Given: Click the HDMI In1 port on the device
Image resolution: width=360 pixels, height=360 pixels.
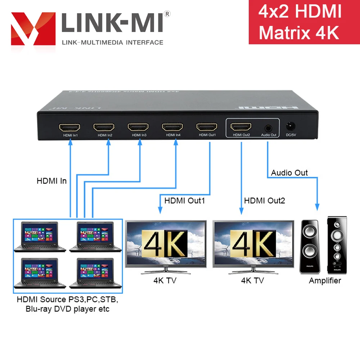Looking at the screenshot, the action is click(x=69, y=127).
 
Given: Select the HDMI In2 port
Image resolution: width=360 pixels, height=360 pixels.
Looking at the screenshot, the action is click(x=104, y=127).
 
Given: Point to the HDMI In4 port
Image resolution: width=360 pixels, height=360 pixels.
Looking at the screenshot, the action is click(x=172, y=127).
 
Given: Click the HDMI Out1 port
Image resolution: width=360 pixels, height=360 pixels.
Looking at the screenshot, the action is click(x=207, y=127).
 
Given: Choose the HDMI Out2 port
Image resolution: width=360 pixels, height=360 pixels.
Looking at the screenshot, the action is click(x=241, y=127).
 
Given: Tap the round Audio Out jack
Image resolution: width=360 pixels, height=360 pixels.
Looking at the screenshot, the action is click(x=268, y=127).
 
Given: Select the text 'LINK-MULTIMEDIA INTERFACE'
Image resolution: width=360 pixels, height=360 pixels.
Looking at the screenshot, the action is click(x=113, y=42).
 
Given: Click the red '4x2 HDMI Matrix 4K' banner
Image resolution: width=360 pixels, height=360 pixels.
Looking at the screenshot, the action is click(x=304, y=22).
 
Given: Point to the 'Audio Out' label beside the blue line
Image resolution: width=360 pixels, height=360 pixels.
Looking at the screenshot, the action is click(x=289, y=173).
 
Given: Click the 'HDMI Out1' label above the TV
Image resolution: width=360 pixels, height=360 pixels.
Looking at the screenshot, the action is click(x=184, y=201).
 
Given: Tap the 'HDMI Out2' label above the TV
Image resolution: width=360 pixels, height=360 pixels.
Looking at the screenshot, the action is click(x=264, y=201).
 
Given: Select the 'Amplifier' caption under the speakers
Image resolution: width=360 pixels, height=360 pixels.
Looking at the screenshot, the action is click(x=325, y=280).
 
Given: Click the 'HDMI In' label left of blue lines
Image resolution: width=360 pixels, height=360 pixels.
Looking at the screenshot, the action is click(x=51, y=181).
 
